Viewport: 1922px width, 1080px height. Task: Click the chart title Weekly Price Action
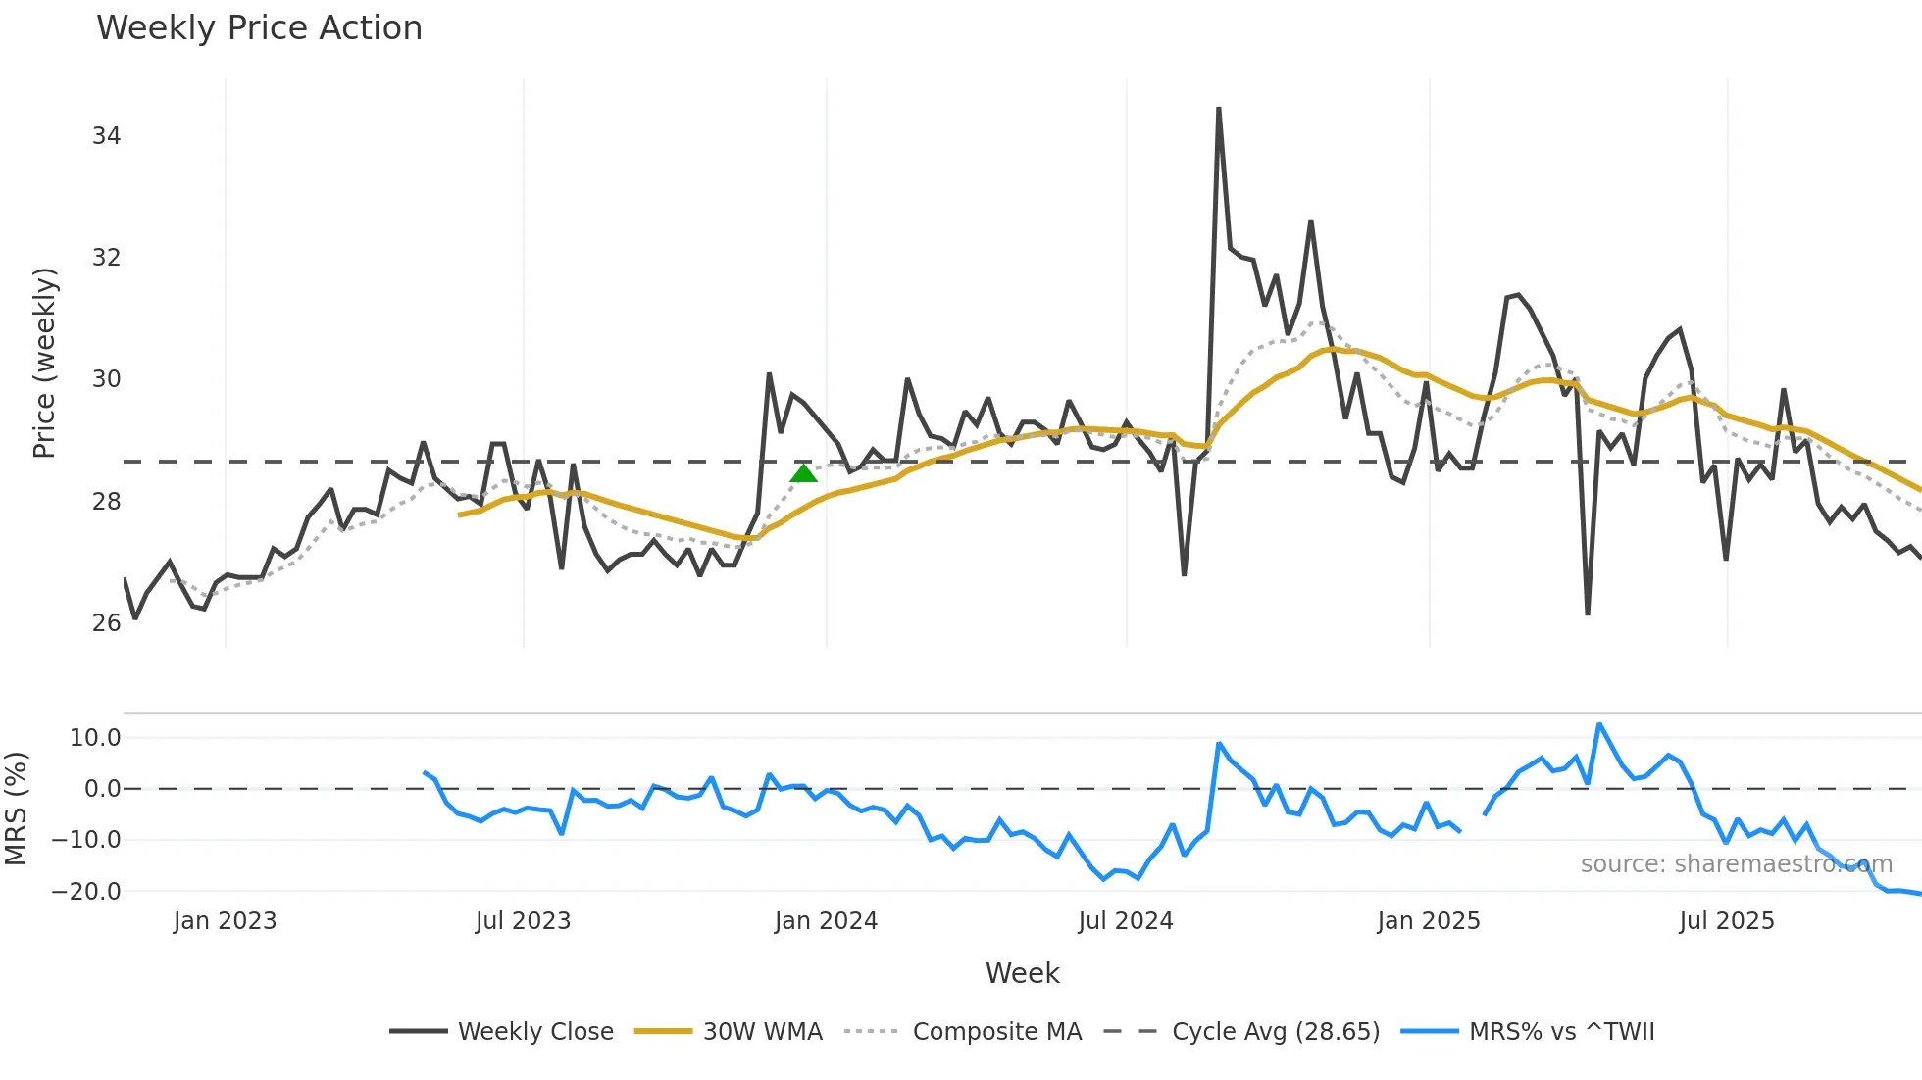click(259, 28)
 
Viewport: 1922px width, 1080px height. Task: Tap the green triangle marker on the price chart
click(803, 474)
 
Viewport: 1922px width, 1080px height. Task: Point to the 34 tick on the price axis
click(106, 136)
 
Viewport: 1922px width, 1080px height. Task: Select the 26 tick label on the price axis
click(106, 623)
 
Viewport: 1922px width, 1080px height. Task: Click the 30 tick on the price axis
click(106, 379)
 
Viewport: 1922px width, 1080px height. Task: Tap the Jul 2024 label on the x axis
click(1125, 921)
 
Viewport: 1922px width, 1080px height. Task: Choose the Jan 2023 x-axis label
click(225, 921)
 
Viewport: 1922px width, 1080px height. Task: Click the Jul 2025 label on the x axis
click(1726, 921)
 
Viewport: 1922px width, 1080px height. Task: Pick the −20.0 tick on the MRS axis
click(86, 892)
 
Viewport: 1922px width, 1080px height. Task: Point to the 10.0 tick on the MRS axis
click(94, 738)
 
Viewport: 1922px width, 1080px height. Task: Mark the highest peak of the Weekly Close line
click(1218, 109)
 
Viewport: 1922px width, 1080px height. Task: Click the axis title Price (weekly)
click(45, 363)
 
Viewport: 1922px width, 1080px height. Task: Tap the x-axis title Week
click(1022, 973)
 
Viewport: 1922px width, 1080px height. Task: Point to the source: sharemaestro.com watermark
click(1736, 864)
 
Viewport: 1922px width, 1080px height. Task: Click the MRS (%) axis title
click(16, 809)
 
